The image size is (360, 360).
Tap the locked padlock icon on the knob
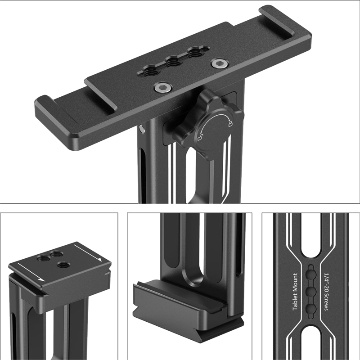(230, 124)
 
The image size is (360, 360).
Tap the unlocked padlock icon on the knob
(200, 138)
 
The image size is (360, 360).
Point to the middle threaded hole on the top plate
(174, 61)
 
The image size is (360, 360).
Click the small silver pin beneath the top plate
(142, 129)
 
